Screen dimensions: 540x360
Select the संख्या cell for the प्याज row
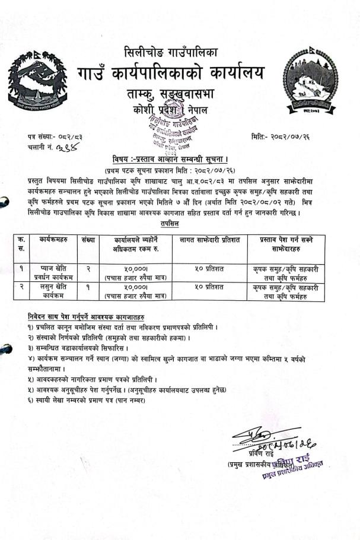(x=88, y=268)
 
